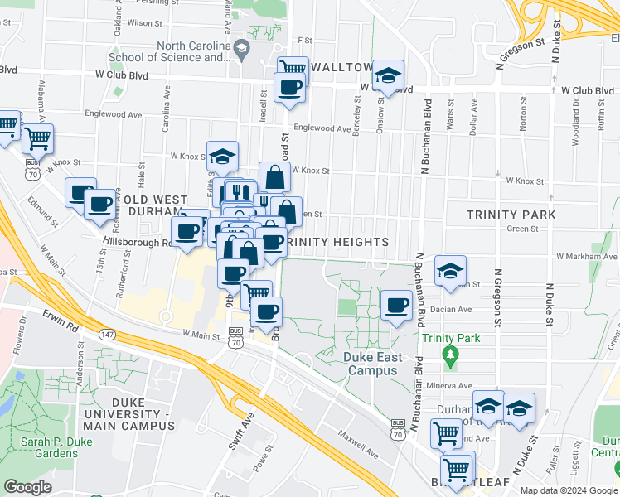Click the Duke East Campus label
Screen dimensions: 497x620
coord(372,364)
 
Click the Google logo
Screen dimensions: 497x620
coord(27,487)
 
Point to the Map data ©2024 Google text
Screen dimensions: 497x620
coord(569,490)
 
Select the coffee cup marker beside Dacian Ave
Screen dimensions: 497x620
coord(396,305)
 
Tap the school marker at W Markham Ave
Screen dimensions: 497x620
coord(450,271)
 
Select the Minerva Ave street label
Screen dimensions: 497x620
coord(448,386)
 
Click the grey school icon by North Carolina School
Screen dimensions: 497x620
coord(240,50)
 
